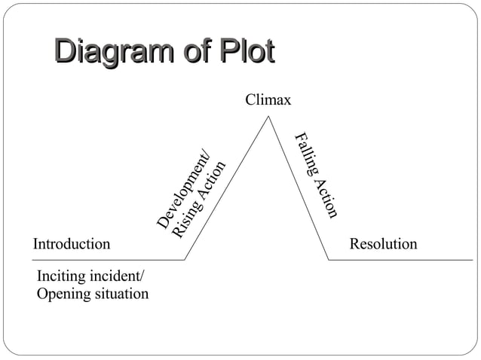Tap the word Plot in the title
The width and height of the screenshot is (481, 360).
pos(246,53)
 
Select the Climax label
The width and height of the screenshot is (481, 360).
pos(268,100)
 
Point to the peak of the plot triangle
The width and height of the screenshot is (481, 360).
pos(267,116)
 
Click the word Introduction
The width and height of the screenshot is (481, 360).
pos(72,244)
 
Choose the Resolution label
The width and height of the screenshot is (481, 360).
pos(383,244)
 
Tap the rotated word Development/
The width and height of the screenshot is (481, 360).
pos(185,190)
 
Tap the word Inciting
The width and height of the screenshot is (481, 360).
pos(60,276)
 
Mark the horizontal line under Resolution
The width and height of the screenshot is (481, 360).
pos(400,260)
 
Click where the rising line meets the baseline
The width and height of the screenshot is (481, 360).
pos(185,260)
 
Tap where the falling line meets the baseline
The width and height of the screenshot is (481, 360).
pos(329,260)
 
